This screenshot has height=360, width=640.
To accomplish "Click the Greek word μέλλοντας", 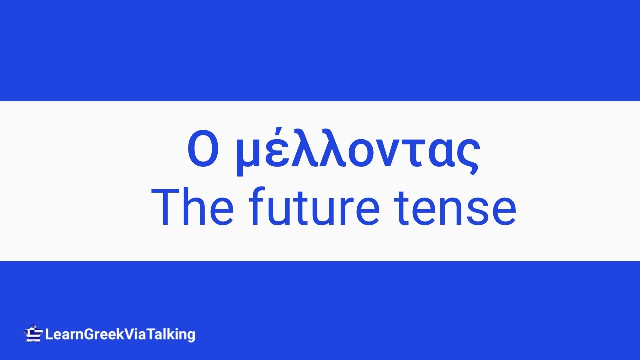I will coord(357,150).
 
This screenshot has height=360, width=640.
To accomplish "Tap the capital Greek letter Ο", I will coord(203,150).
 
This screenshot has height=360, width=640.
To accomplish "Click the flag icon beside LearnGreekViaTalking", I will coord(33,333).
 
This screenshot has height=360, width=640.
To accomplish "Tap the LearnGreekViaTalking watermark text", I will coord(120,334).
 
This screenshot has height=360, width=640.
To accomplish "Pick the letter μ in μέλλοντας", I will coord(248,155).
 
